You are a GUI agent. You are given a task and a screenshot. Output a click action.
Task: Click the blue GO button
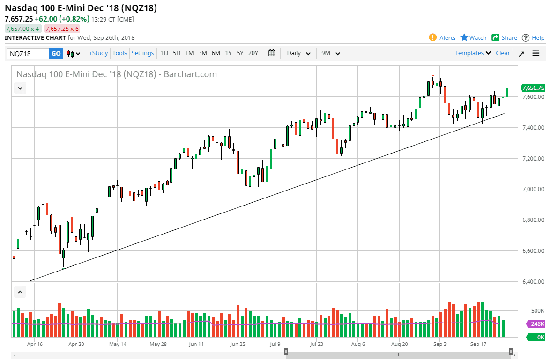tap(56, 53)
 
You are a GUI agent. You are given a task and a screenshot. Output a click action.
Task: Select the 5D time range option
tap(177, 53)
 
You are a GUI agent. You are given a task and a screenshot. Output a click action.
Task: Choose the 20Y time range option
tap(253, 53)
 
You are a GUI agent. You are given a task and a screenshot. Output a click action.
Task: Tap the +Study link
tap(98, 53)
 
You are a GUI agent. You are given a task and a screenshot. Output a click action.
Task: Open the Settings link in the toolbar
tap(142, 53)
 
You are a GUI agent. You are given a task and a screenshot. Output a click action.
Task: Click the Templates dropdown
tap(473, 53)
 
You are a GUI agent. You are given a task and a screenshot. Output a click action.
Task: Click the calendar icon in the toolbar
tap(272, 53)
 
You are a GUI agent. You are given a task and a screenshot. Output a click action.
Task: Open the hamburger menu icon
tap(536, 53)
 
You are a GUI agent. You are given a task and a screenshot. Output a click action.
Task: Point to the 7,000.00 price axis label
tap(533, 189)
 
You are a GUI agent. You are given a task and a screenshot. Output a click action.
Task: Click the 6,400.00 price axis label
tap(533, 281)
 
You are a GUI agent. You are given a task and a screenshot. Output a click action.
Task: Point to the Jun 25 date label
tap(238, 344)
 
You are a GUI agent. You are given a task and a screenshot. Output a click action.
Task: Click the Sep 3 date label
tap(440, 344)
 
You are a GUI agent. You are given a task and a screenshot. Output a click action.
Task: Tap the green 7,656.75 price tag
tap(533, 88)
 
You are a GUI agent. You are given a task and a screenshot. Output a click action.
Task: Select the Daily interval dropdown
tap(298, 53)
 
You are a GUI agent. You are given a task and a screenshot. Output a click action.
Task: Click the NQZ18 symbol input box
tap(28, 53)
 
